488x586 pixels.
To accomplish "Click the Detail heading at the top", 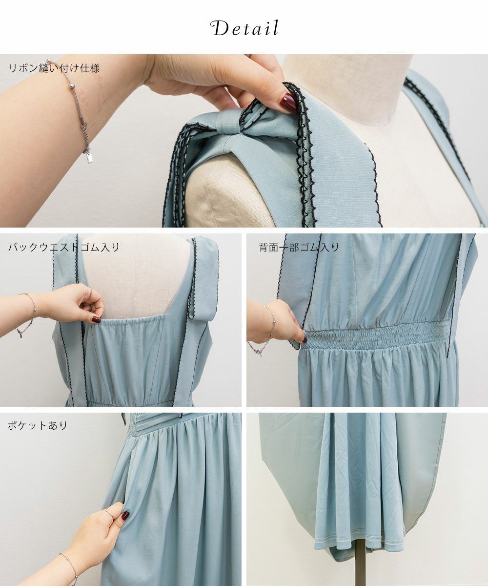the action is point(244,28).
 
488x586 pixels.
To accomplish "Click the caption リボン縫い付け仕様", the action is point(54,68).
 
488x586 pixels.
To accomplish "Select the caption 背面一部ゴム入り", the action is point(299,247).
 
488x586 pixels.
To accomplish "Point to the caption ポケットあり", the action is point(38,425).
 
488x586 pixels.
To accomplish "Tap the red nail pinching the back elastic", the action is point(97,319).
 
